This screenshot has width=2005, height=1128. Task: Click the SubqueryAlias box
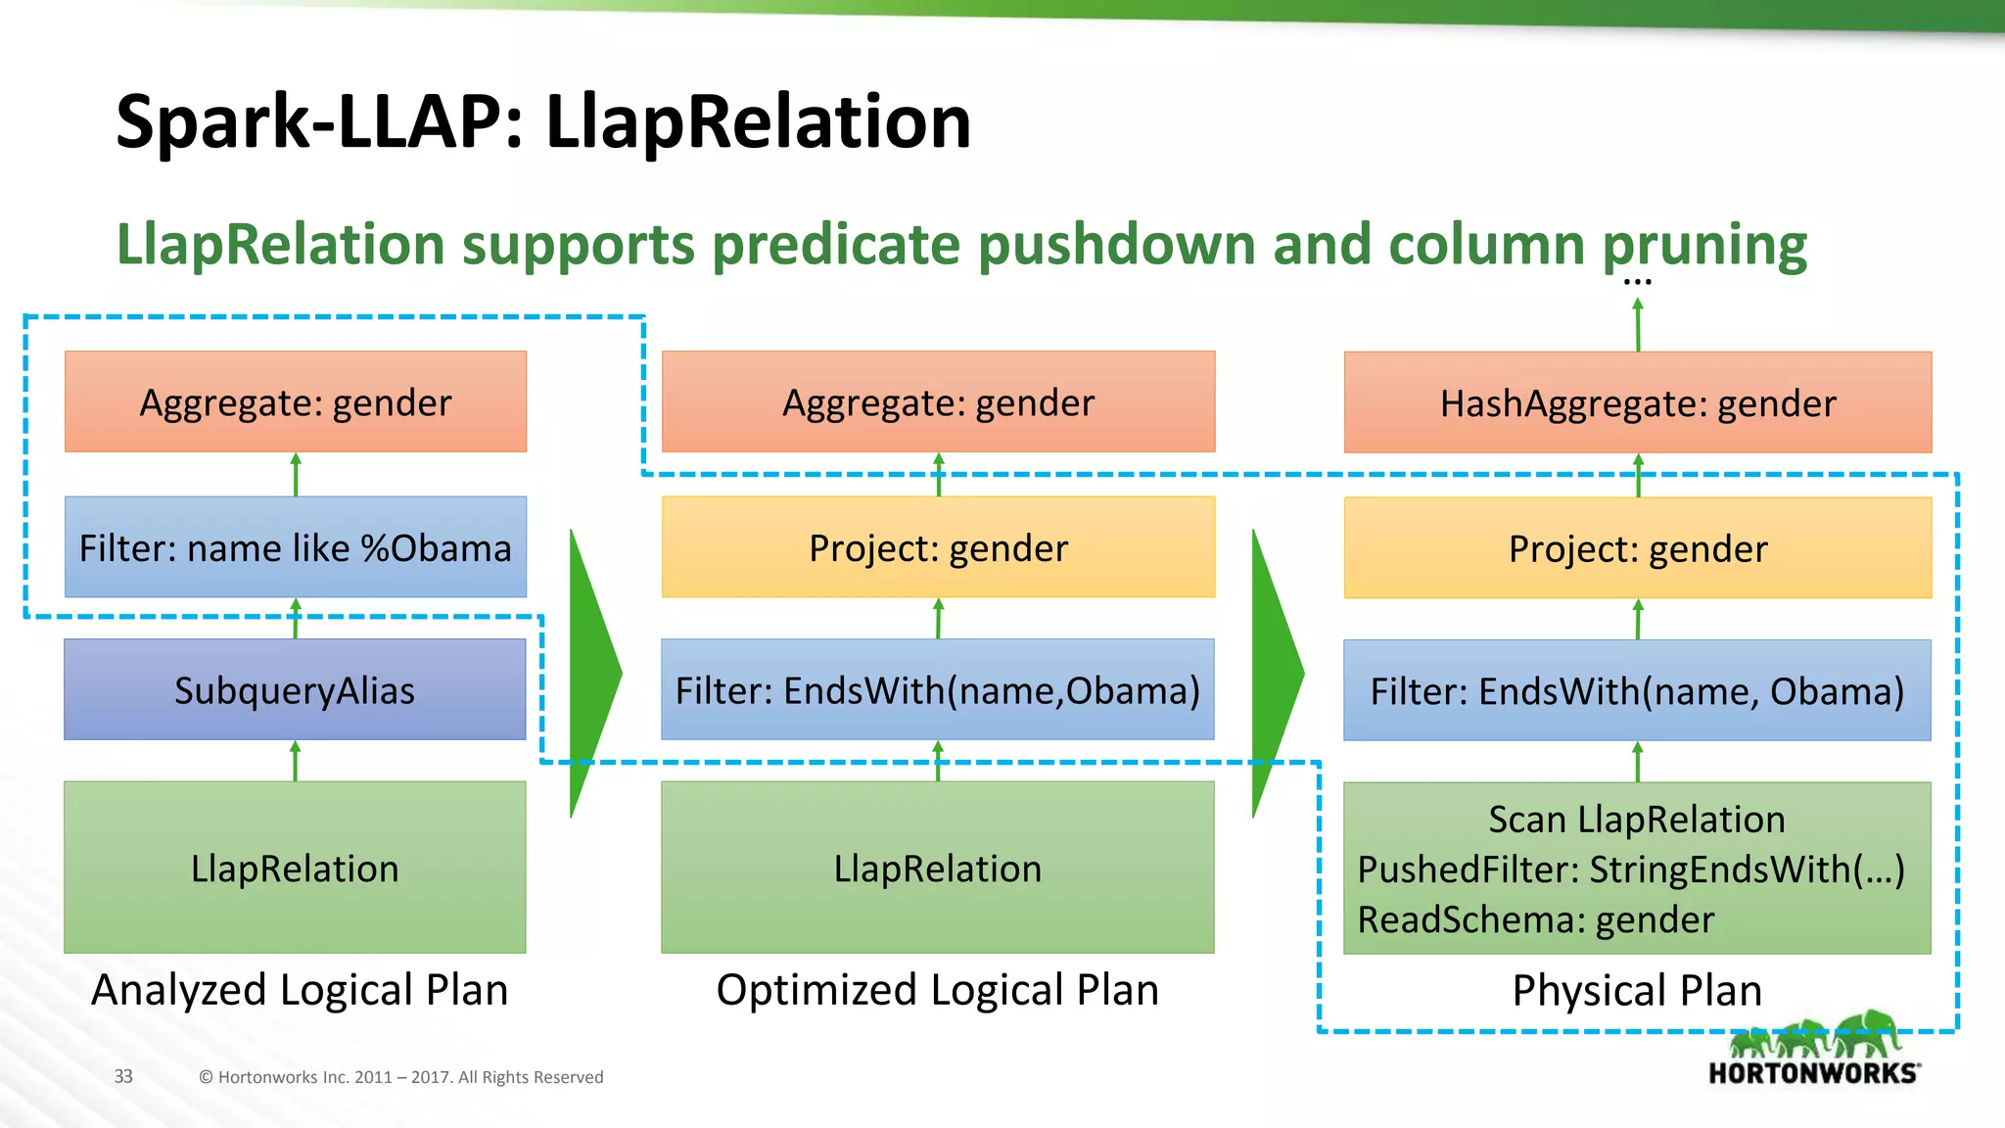pyautogui.click(x=295, y=690)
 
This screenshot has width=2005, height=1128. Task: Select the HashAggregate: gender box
pyautogui.click(x=1637, y=402)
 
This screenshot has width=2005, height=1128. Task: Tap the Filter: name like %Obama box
pyautogui.click(x=295, y=547)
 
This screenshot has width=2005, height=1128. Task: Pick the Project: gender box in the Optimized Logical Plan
pyautogui.click(x=938, y=547)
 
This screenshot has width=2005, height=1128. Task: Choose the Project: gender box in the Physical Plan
pyautogui.click(x=1637, y=548)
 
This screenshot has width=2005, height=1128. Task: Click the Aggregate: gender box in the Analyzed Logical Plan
pyautogui.click(x=295, y=401)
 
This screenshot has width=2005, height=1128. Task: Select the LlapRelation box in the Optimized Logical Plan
pyautogui.click(x=938, y=868)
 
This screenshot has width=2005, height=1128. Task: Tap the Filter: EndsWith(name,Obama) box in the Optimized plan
pyautogui.click(x=938, y=690)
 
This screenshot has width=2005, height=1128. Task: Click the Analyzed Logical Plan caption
pyautogui.click(x=300, y=990)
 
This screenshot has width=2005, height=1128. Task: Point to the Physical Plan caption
pyautogui.click(x=1637, y=991)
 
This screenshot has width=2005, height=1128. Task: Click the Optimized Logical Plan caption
pyautogui.click(x=938, y=990)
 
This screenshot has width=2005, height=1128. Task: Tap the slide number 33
pyautogui.click(x=123, y=1076)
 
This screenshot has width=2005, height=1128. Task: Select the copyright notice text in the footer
pyautogui.click(x=400, y=1077)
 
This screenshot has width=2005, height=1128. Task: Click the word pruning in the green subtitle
pyautogui.click(x=1703, y=245)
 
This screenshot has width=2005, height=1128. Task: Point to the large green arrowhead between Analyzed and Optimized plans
pyautogui.click(x=593, y=674)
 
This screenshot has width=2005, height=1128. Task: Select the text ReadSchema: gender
pyautogui.click(x=1535, y=920)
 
